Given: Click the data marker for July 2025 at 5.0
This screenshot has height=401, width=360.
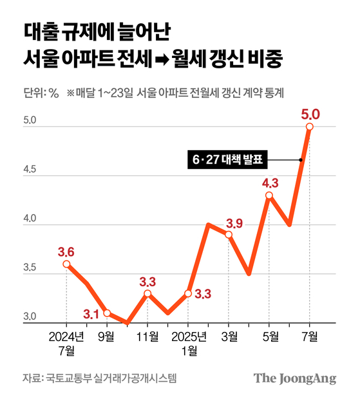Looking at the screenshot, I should coord(310,127).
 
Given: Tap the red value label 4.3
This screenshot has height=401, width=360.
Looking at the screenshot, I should coord(269,182).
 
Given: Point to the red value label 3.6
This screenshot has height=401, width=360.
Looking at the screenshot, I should coord(67,251).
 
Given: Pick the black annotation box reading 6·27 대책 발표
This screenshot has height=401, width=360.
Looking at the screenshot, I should coord(228,159).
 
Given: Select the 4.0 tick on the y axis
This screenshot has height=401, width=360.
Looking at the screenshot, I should coord(30,219).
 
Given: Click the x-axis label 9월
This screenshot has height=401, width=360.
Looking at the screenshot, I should coord(107,337).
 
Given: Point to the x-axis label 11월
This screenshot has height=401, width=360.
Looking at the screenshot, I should coord(147,337).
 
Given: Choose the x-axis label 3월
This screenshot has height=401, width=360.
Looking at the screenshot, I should coord(229,337).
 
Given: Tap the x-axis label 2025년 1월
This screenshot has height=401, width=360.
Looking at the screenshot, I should coord(188,342).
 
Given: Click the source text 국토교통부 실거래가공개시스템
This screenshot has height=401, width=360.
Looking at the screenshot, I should coord(111,378).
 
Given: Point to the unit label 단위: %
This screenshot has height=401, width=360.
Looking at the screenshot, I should coord(41,92).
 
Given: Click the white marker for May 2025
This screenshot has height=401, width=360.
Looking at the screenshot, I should coord(269,195).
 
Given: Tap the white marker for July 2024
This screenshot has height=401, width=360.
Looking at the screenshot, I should coord(67,264).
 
